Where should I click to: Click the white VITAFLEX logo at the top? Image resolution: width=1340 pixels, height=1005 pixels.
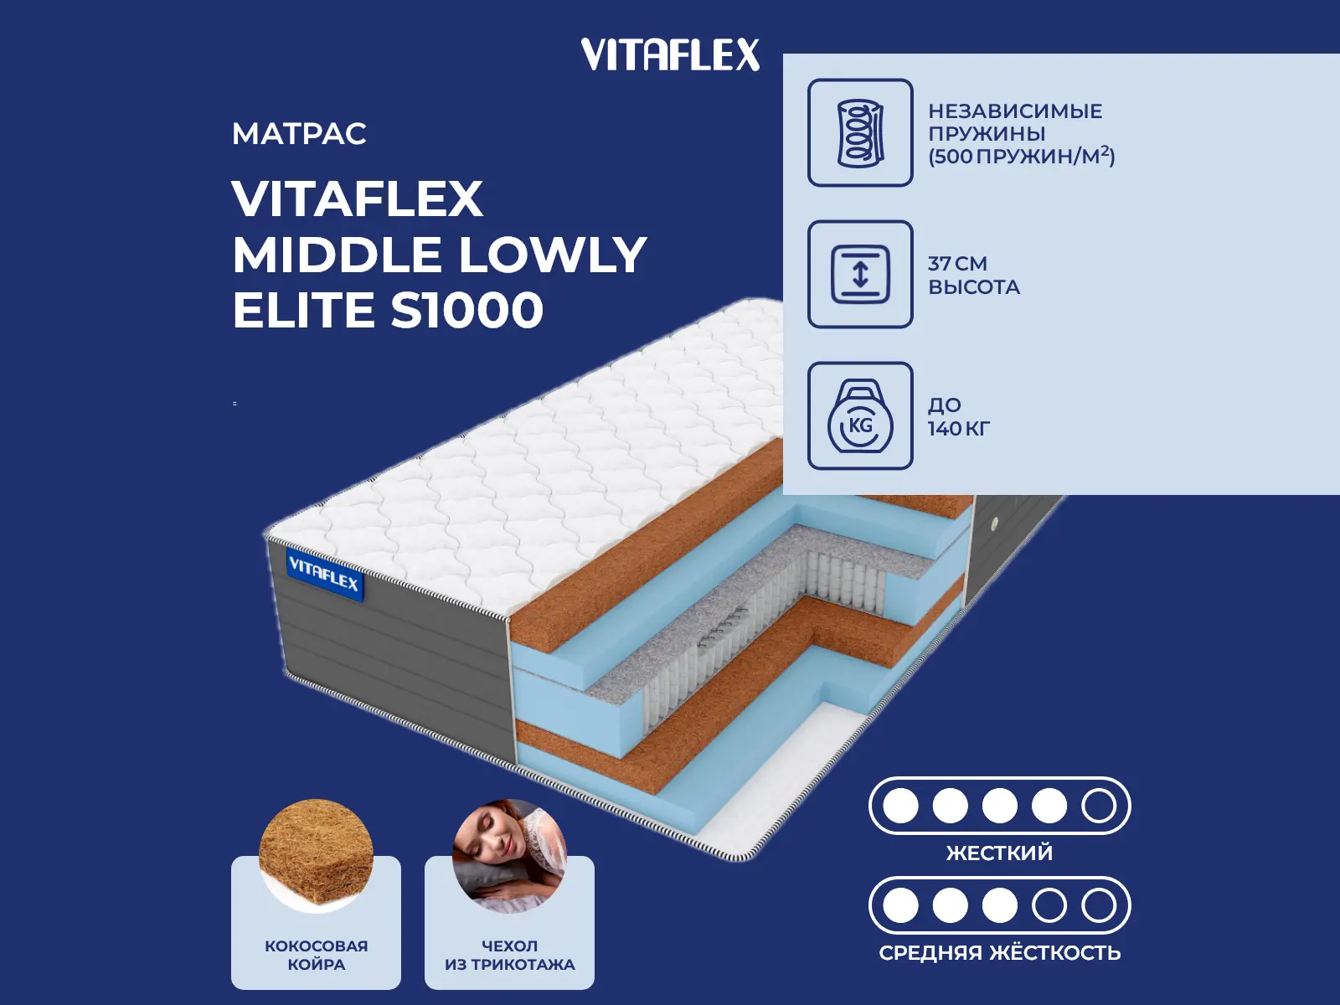click(670, 54)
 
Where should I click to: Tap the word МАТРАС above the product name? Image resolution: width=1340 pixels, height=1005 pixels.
click(299, 134)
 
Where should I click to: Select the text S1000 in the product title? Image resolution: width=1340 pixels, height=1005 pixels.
click(467, 309)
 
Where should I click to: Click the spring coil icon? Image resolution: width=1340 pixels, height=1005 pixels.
click(860, 132)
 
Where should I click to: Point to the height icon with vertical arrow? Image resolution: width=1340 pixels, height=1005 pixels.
click(860, 274)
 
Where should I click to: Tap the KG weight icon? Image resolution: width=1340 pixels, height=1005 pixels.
click(860, 416)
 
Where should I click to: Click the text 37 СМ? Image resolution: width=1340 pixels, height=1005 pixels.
click(957, 264)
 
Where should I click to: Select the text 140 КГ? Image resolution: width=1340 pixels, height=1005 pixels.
click(958, 429)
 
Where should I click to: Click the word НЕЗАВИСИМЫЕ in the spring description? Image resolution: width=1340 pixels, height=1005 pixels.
click(1015, 111)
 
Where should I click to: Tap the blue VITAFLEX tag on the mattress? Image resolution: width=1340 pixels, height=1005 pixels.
click(324, 575)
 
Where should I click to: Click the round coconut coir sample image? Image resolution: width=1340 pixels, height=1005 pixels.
click(317, 856)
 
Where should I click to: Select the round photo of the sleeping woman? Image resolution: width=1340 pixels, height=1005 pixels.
click(510, 856)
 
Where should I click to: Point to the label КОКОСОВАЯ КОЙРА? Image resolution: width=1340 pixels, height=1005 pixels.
click(317, 955)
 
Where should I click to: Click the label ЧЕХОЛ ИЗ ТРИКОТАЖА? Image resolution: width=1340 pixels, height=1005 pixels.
click(510, 955)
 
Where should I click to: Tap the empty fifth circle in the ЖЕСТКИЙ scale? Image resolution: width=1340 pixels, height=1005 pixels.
click(1099, 806)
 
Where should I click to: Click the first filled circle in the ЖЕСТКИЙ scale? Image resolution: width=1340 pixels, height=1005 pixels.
click(900, 806)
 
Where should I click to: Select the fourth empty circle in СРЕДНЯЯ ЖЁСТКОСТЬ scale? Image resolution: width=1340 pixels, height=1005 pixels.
click(1049, 905)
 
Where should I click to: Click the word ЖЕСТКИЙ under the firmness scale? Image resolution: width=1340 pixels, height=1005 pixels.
click(999, 853)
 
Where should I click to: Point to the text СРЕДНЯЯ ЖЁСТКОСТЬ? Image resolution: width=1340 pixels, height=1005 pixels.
click(999, 952)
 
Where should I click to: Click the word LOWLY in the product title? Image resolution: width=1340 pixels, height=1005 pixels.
click(553, 254)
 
